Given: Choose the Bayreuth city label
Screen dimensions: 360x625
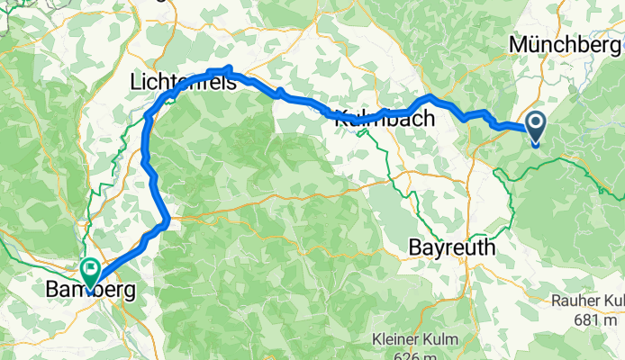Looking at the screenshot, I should coord(452,246).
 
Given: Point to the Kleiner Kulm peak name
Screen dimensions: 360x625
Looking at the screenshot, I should coord(415,340).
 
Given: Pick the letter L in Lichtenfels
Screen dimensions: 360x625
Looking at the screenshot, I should coord(136,82).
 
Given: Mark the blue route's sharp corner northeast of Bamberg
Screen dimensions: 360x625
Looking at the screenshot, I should coord(167,219).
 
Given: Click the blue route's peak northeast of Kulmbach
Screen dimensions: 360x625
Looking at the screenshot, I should coord(432,96).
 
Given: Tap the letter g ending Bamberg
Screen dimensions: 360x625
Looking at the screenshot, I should coord(130,292).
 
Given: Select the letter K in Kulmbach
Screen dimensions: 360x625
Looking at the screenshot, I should coord(341,117).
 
